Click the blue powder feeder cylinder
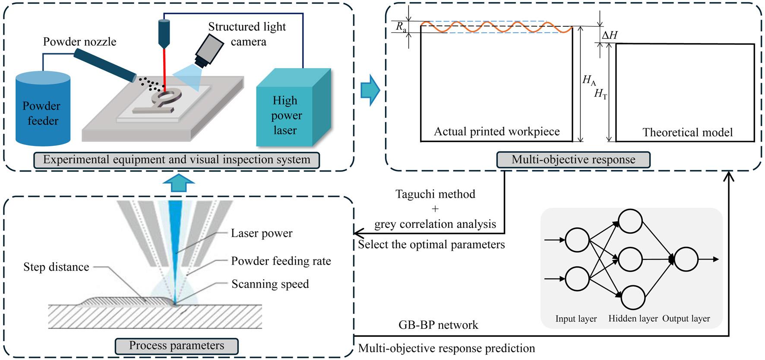[43, 110]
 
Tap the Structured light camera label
[247, 34]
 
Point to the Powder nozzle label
[79, 42]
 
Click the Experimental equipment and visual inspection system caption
[177, 160]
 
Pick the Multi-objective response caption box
[573, 160]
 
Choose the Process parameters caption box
[177, 346]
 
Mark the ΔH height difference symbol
[610, 35]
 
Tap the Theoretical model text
[687, 132]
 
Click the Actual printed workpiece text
[496, 132]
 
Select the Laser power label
[262, 234]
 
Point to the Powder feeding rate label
[281, 261]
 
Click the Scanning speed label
[270, 284]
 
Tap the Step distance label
[56, 267]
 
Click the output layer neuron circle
[686, 259]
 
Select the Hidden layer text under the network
[633, 319]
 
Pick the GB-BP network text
[438, 325]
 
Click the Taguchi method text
[435, 194]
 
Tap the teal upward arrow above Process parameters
[179, 183]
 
